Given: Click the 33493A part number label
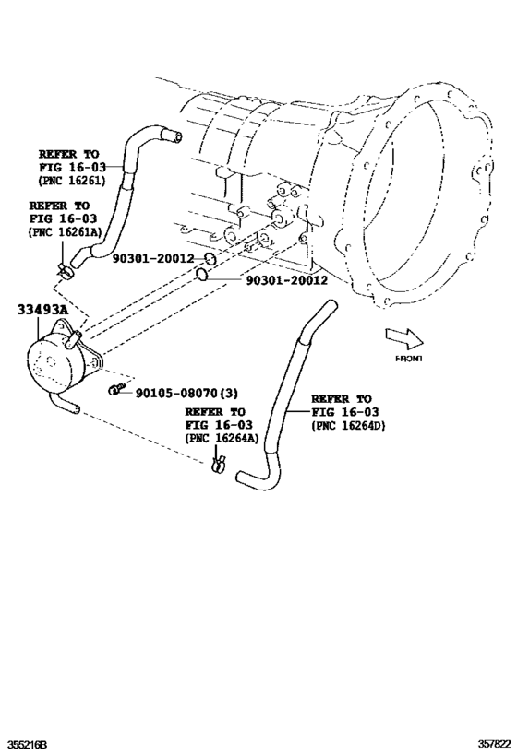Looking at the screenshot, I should [42, 312].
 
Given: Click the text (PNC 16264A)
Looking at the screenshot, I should [220, 439].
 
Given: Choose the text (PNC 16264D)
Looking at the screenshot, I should [349, 425].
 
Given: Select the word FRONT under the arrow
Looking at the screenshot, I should [408, 358].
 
